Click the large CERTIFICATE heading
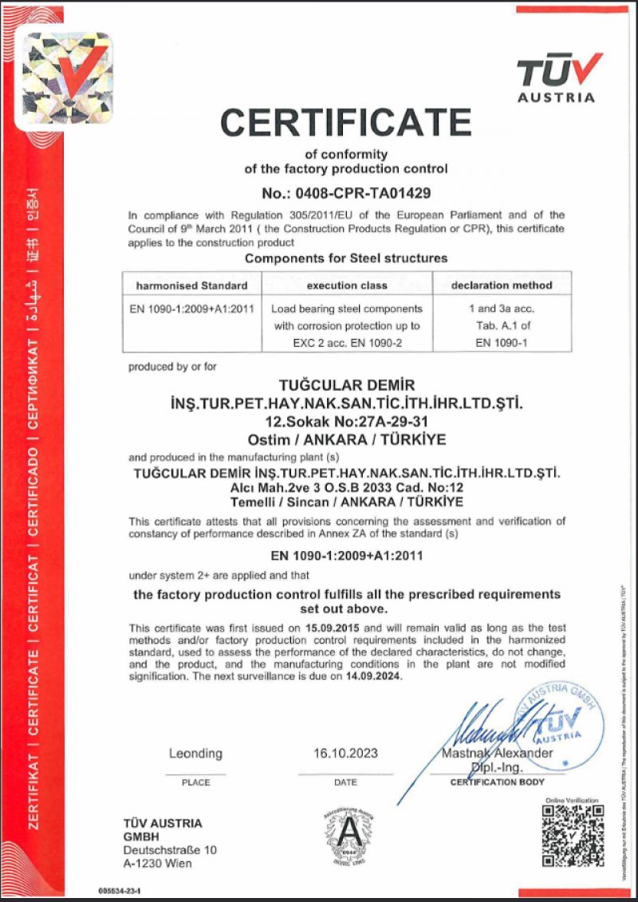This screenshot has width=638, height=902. pyautogui.click(x=346, y=122)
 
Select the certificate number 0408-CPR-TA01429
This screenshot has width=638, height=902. pyautogui.click(x=346, y=193)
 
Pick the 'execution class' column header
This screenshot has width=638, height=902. pyautogui.click(x=347, y=285)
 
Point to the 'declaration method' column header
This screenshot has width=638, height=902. pyautogui.click(x=502, y=285)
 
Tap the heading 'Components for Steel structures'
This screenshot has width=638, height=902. pyautogui.click(x=346, y=258)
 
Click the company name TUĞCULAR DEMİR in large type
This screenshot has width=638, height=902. pyautogui.click(x=346, y=386)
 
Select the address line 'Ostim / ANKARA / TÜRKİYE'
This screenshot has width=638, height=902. pyautogui.click(x=346, y=439)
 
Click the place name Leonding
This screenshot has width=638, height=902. pyautogui.click(x=195, y=753)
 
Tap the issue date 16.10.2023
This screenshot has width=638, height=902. pyautogui.click(x=346, y=753)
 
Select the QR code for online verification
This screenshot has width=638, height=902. pyautogui.click(x=573, y=836)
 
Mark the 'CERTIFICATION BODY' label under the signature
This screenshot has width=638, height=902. pyautogui.click(x=498, y=782)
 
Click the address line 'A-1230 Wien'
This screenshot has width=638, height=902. pyautogui.click(x=158, y=863)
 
